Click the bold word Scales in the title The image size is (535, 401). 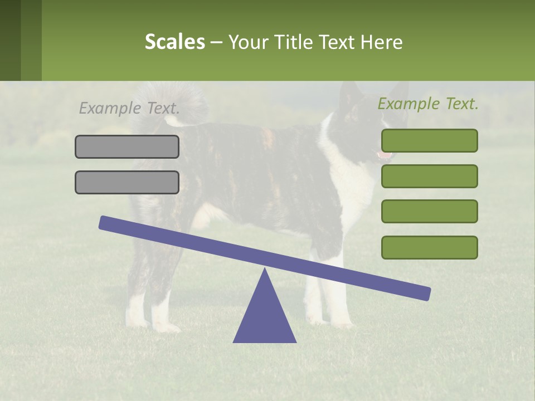pos(174,42)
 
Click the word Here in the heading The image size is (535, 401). pos(382,42)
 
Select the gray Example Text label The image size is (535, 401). pos(129,108)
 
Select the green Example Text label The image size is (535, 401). pos(428,104)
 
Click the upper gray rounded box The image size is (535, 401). pos(127,146)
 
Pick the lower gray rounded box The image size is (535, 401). pos(127,182)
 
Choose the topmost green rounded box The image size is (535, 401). pos(429,140)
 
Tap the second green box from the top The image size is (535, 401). pos(429,176)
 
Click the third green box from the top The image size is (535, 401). pos(429,211)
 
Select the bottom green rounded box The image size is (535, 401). pos(429,247)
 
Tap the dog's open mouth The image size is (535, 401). pos(383,154)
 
